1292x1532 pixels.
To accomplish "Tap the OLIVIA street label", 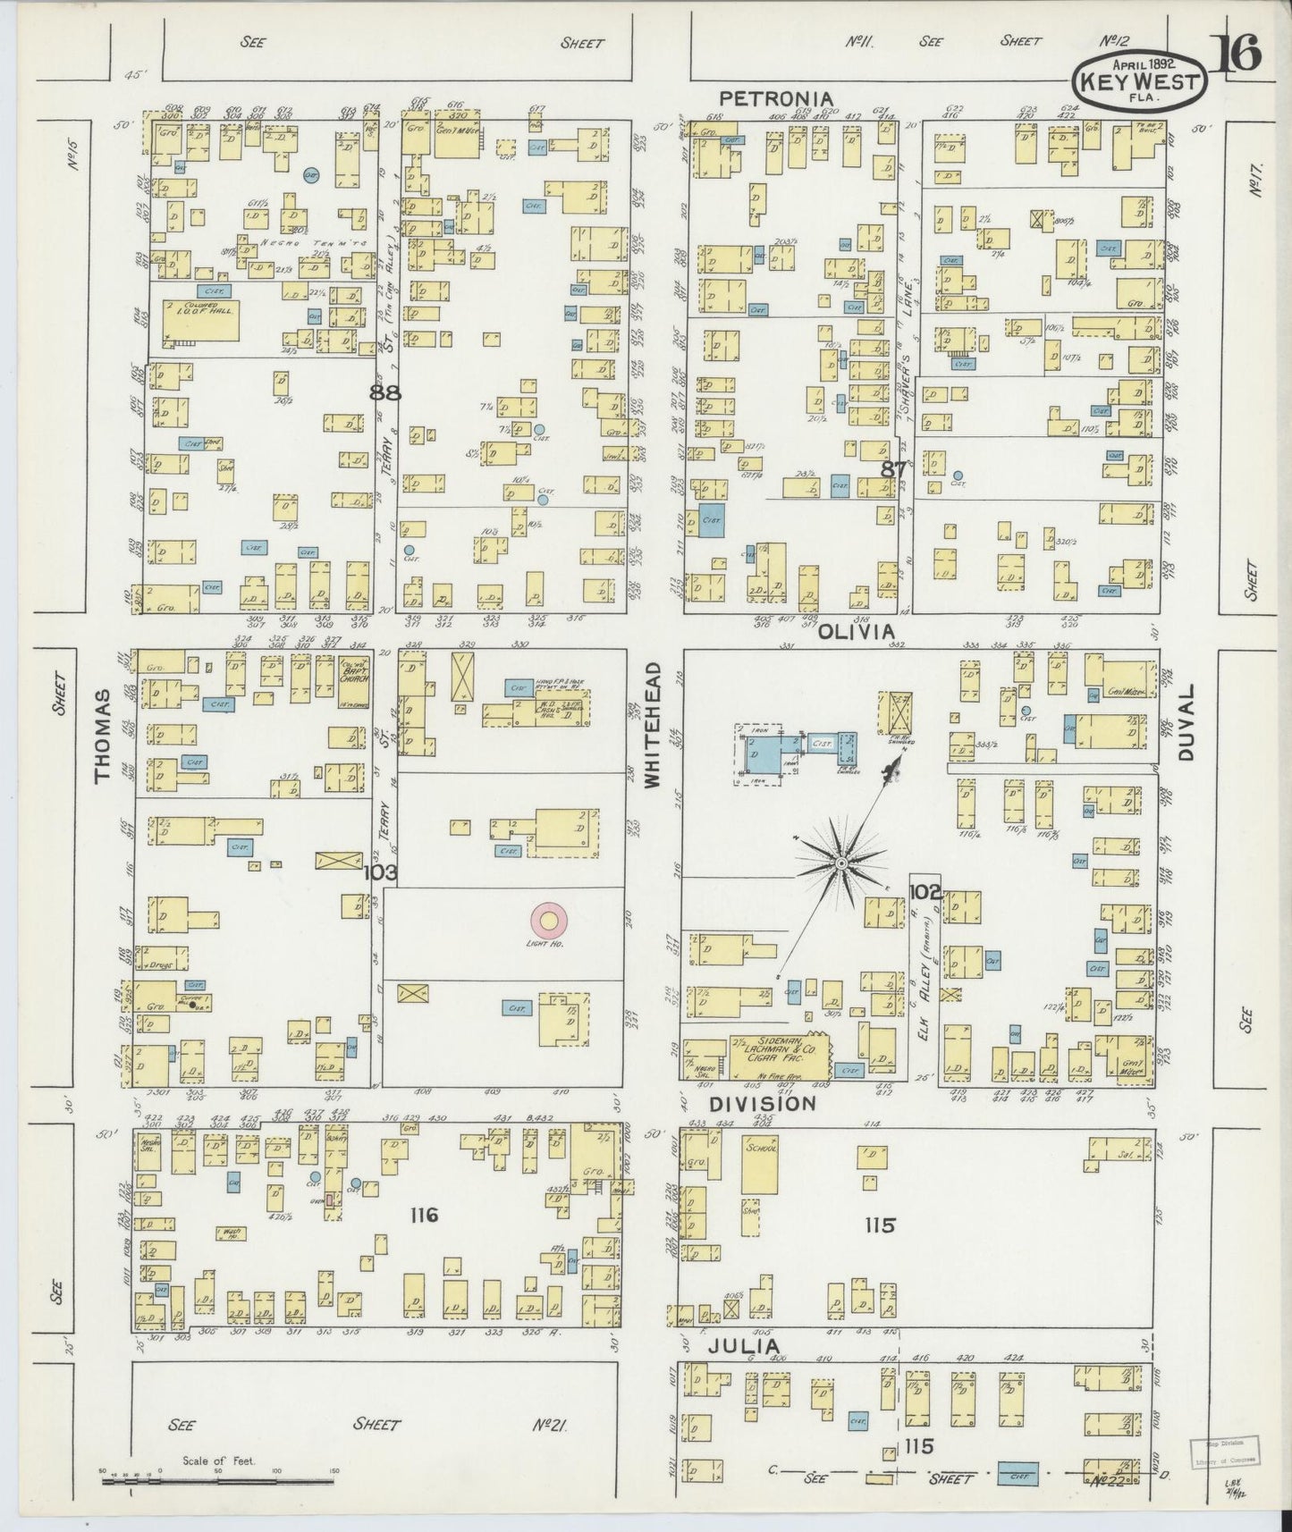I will coord(857,631).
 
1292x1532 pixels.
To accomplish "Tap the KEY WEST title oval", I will coord(1138,77).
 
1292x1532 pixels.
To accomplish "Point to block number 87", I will coord(892,468).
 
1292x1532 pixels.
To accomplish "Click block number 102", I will coord(925,890).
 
